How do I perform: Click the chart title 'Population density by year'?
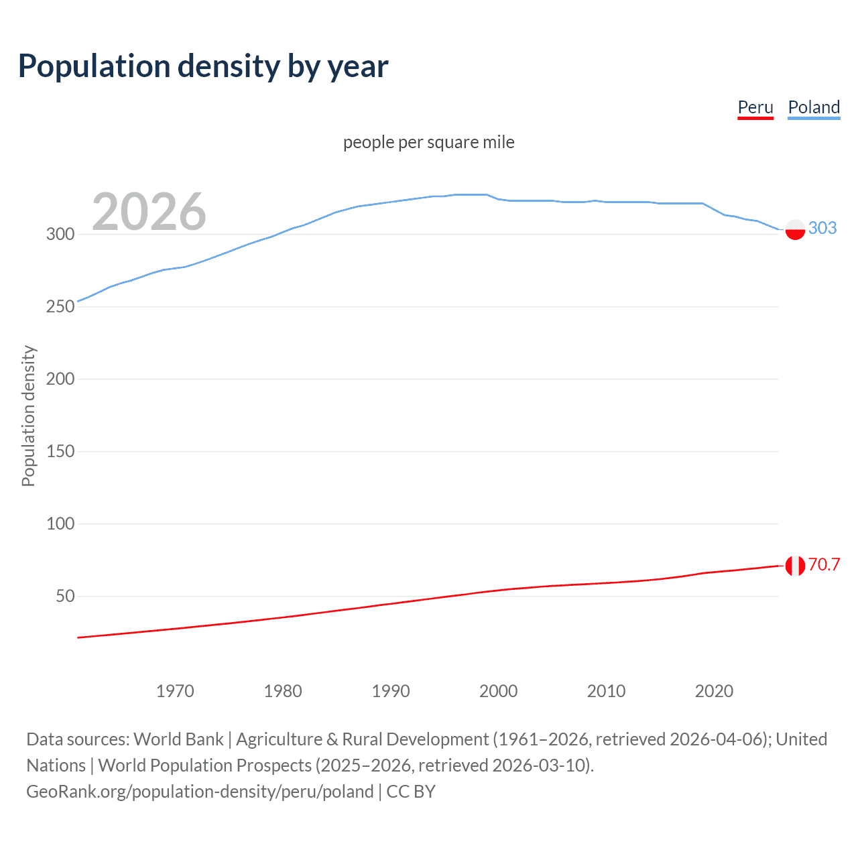203,66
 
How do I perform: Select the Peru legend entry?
755,107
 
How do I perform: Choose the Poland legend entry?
814,107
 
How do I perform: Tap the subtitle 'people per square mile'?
429,142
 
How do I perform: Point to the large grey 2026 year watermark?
149,212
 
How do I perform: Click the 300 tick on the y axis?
60,234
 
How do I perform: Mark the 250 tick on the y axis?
60,306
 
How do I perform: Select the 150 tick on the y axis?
60,451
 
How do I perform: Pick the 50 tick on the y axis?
65,596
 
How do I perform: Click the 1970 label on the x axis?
175,691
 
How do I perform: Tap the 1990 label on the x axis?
391,691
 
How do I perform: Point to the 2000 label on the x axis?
498,691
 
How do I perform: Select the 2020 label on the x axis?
714,691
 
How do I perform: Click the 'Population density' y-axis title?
28,416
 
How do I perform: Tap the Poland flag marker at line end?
795,229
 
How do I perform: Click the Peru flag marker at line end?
795,566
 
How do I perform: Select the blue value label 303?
822,228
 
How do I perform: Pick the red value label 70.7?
824,564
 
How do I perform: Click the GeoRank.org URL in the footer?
200,792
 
